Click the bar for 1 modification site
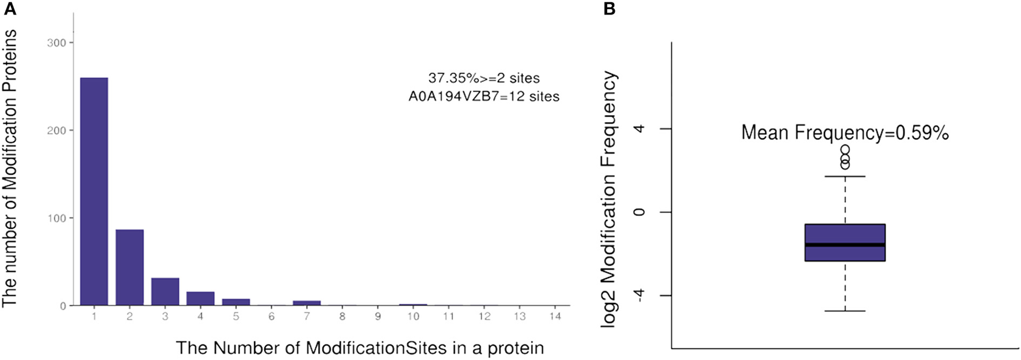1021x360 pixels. (x=94, y=191)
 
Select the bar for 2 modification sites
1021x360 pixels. (x=130, y=267)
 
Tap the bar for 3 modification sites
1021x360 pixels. (x=165, y=291)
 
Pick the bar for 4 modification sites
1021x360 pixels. (x=201, y=298)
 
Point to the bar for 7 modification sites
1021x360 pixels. (x=307, y=302)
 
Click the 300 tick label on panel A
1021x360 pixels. (x=56, y=43)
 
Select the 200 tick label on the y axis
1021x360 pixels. (x=56, y=130)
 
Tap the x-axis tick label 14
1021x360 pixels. (x=555, y=316)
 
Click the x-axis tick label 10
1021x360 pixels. (x=413, y=316)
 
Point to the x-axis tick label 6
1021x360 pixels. (x=271, y=316)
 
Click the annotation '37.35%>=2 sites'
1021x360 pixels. (x=484, y=78)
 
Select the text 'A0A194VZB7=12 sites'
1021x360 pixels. (x=484, y=96)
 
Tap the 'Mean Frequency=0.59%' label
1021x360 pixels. (x=845, y=133)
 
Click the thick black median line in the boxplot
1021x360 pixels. (x=845, y=245)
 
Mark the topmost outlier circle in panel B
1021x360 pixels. (x=845, y=150)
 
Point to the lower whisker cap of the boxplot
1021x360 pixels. (x=845, y=311)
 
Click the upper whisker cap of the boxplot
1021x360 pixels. (x=845, y=176)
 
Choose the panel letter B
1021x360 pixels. (x=609, y=9)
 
